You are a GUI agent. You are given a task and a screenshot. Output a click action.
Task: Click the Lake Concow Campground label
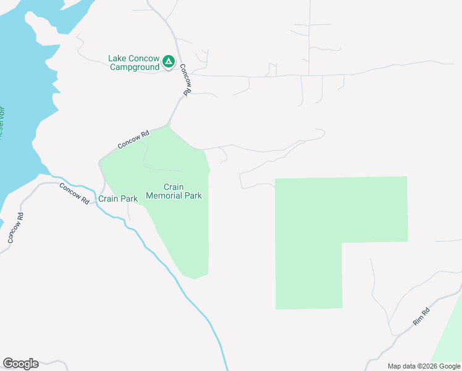(x=134, y=62)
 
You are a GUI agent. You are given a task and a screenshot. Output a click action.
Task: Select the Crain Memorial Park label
(x=174, y=191)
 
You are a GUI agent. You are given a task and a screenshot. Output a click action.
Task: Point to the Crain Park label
(x=118, y=199)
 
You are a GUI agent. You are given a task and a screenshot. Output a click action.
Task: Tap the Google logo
(x=20, y=364)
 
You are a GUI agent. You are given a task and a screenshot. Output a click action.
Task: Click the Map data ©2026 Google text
(x=424, y=366)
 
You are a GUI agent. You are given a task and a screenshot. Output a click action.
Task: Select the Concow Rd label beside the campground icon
(x=185, y=80)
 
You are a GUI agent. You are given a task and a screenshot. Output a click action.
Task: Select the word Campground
(x=135, y=67)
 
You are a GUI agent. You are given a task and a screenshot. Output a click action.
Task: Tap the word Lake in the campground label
(x=117, y=58)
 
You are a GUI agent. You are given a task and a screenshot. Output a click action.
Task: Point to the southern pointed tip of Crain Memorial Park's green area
(x=195, y=278)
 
